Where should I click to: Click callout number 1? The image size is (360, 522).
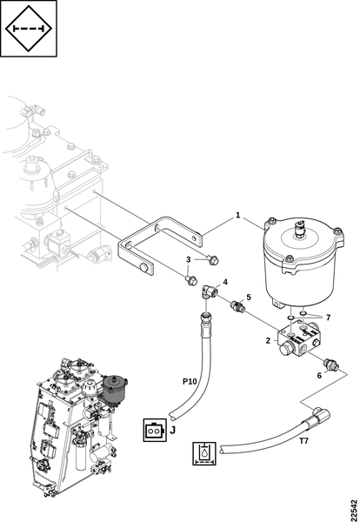pyautogui.click(x=237, y=215)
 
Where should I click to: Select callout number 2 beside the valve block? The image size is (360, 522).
pyautogui.click(x=268, y=340)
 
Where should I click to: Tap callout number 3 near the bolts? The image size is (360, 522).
pyautogui.click(x=189, y=259)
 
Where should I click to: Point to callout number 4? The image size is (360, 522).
pyautogui.click(x=225, y=282)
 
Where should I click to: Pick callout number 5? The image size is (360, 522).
pyautogui.click(x=249, y=297)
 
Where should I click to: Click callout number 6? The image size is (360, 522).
pyautogui.click(x=319, y=376)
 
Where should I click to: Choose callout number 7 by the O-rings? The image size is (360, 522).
pyautogui.click(x=328, y=318)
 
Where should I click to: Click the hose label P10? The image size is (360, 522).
pyautogui.click(x=190, y=382)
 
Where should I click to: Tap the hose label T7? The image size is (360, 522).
pyautogui.click(x=303, y=441)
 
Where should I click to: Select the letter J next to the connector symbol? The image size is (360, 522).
pyautogui.click(x=172, y=430)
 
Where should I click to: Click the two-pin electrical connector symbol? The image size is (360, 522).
pyautogui.click(x=155, y=430)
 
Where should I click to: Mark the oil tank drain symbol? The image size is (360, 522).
pyautogui.click(x=204, y=453)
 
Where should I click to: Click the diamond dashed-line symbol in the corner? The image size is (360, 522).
pyautogui.click(x=29, y=29)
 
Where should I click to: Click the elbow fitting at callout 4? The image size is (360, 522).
pyautogui.click(x=209, y=292)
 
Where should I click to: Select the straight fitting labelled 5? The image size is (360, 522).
pyautogui.click(x=237, y=306)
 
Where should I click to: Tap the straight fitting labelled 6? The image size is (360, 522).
pyautogui.click(x=331, y=364)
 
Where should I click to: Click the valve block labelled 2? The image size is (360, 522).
pyautogui.click(x=299, y=340)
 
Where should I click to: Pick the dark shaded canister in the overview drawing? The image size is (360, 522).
pyautogui.click(x=115, y=389)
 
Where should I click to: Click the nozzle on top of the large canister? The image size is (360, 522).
pyautogui.click(x=300, y=229)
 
